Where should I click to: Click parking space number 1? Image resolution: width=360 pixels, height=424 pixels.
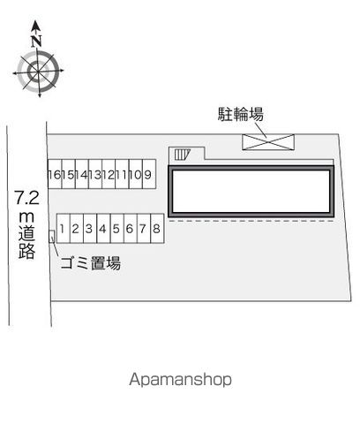tap(64, 229)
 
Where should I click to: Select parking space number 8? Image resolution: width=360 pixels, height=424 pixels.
tap(157, 229)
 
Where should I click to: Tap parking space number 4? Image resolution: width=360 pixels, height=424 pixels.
tap(103, 229)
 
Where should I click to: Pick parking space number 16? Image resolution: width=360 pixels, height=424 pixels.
tap(55, 174)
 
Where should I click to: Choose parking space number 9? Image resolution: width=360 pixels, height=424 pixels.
tap(149, 174)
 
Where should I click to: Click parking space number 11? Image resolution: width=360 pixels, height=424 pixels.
tap(122, 174)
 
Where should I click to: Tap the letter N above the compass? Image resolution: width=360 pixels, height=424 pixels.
tap(36, 41)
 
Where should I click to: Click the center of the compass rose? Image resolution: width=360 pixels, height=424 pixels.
tap(38, 72)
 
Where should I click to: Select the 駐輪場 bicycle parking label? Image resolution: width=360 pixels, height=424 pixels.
tap(241, 114)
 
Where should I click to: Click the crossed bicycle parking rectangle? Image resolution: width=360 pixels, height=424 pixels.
tap(268, 142)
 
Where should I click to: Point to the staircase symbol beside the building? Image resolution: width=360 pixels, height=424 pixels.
tap(183, 155)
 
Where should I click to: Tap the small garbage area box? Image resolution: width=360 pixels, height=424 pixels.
tap(52, 237)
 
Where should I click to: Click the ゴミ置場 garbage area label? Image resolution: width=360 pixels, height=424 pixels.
tap(91, 263)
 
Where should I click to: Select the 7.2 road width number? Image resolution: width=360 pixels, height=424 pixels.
tap(27, 198)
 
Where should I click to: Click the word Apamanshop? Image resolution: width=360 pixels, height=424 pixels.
tap(180, 379)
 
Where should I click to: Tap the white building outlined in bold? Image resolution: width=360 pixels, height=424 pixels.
tap(251, 192)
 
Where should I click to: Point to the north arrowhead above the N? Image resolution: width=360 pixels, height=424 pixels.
tap(36, 26)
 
